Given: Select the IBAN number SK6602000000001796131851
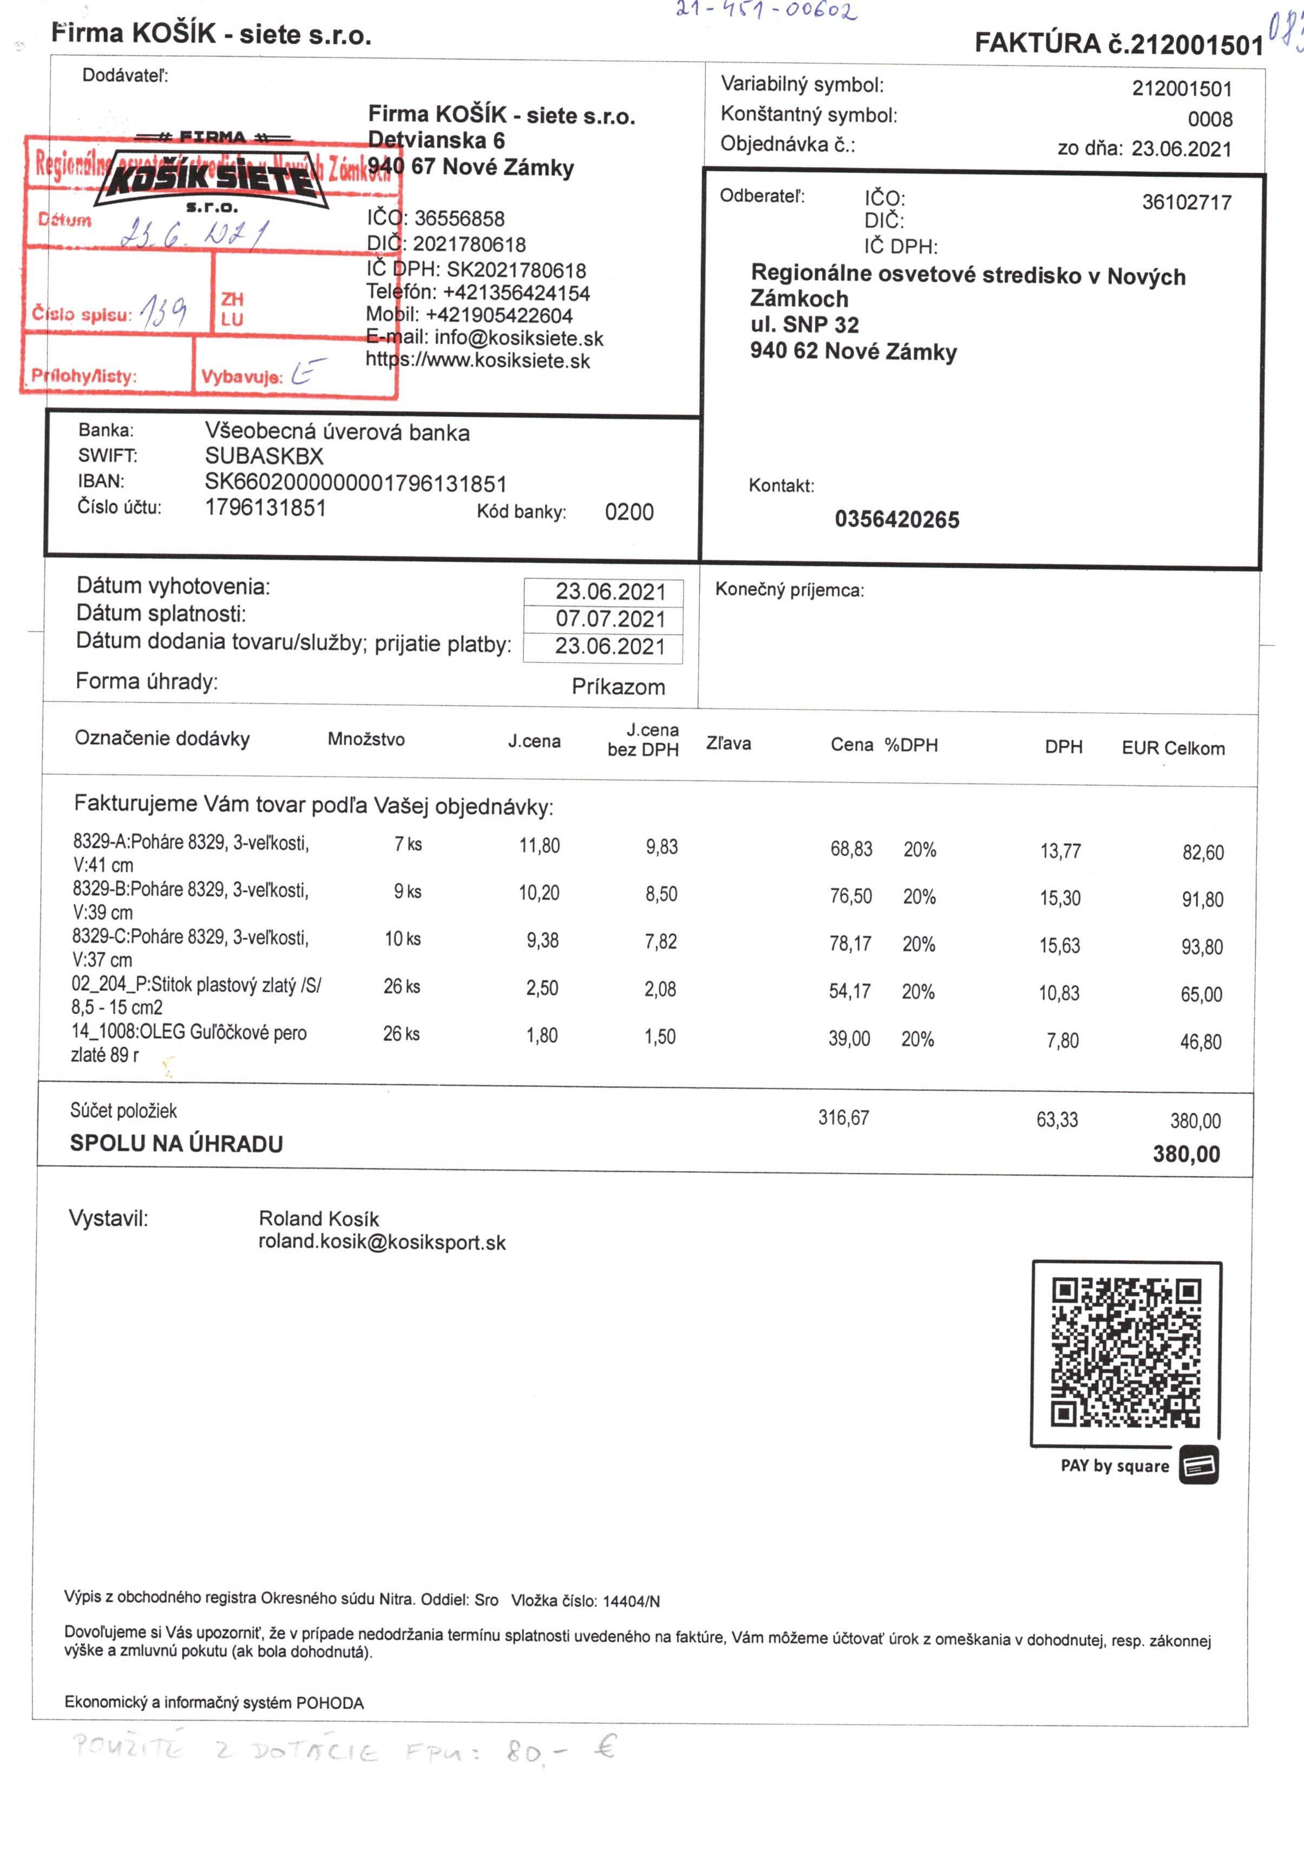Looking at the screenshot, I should click(355, 484).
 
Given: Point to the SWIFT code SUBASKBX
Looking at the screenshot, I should click(264, 456).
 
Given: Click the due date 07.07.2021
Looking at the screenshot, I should click(610, 619).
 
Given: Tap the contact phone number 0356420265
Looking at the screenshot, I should click(896, 520).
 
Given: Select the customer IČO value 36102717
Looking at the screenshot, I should click(1187, 202).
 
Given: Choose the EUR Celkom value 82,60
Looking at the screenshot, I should click(1203, 852).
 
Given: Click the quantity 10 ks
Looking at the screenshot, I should click(403, 939).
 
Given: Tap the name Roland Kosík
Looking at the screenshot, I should click(318, 1218).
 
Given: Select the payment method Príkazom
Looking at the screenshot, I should click(618, 687).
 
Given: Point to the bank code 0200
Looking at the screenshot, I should click(629, 512).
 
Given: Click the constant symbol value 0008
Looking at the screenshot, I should click(1209, 119).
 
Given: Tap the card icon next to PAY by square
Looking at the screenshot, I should click(1198, 1464).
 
